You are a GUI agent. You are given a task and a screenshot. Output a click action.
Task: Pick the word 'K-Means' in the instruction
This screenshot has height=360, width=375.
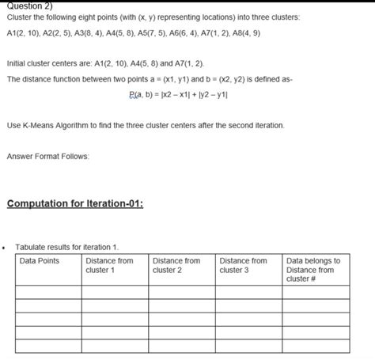[x=43, y=126]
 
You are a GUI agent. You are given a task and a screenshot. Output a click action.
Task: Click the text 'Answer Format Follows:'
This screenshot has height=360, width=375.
[x=48, y=156]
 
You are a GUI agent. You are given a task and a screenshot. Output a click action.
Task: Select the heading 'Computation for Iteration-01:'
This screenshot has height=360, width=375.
[x=74, y=204]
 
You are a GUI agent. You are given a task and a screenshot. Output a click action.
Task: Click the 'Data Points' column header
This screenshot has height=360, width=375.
[x=39, y=260]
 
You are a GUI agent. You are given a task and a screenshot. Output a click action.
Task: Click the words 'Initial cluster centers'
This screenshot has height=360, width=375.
[x=44, y=62]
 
